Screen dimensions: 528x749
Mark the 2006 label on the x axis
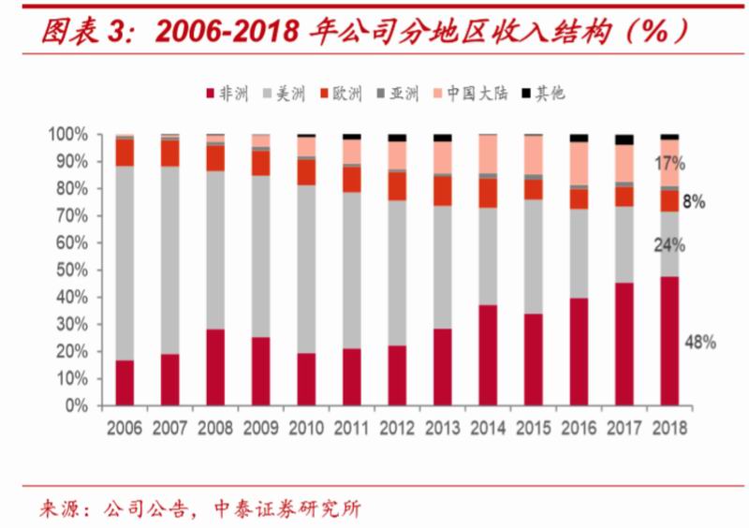(125, 428)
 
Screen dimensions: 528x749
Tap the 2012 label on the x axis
(397, 428)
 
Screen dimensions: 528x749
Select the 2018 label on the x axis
(668, 428)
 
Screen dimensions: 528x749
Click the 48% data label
(700, 343)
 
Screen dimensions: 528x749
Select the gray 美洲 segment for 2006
(125, 262)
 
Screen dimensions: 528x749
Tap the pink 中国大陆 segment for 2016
(579, 163)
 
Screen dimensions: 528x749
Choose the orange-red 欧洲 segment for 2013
(442, 191)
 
